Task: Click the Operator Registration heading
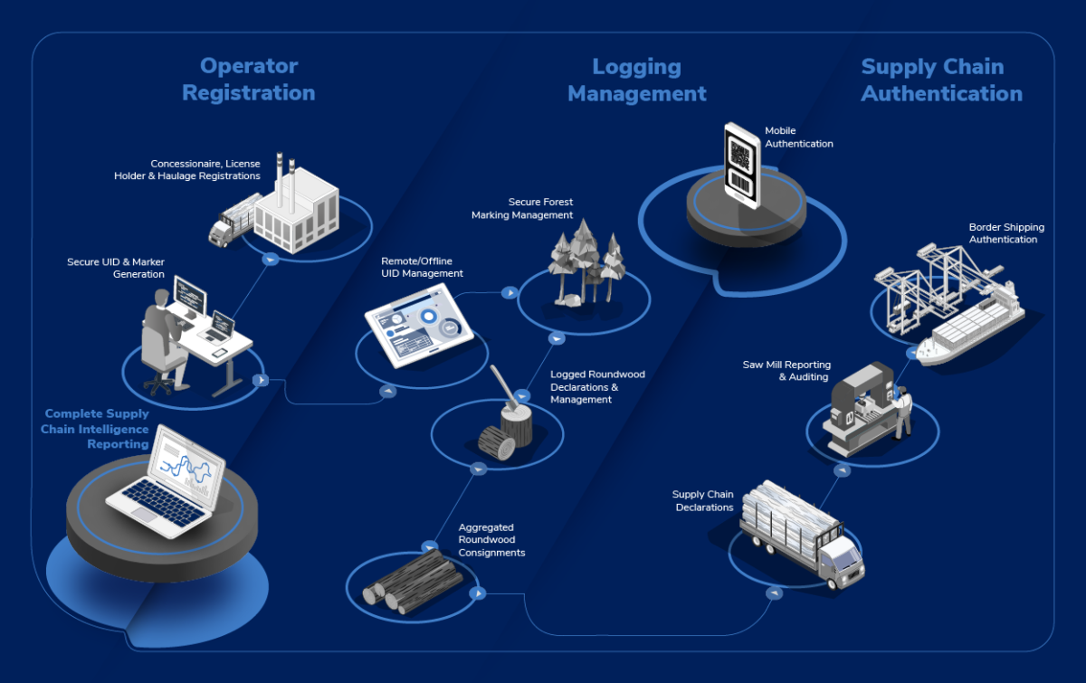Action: point(248,80)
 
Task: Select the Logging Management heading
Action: point(636,80)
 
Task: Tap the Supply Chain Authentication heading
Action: point(941,80)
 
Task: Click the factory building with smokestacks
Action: point(294,213)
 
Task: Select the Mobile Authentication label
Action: point(798,137)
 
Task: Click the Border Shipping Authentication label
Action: point(1005,233)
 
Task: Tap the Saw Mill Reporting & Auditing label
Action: point(786,371)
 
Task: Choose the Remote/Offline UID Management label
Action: point(422,267)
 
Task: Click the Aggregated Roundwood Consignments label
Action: point(491,539)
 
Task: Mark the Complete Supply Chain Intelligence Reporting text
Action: point(95,429)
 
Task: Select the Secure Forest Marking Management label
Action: point(522,209)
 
